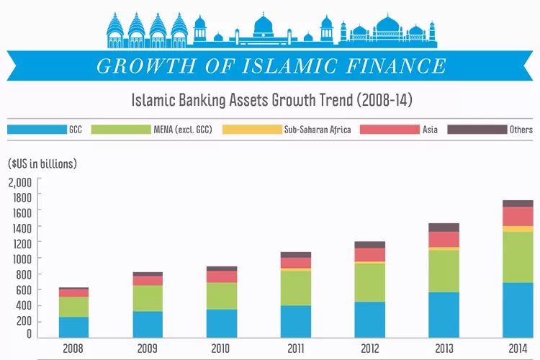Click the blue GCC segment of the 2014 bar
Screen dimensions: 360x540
[517, 310]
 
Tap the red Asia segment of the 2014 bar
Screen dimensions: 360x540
[517, 216]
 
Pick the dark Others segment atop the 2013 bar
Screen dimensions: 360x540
[444, 228]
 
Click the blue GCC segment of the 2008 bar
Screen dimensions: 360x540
[73, 327]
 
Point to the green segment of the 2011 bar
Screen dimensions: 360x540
[296, 287]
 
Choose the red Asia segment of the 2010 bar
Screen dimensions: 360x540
[222, 276]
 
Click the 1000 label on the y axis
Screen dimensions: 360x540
[20, 258]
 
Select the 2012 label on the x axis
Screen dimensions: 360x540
[369, 348]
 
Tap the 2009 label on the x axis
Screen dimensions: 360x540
[148, 348]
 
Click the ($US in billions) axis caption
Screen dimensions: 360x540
[42, 164]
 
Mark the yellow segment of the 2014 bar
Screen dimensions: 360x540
[517, 229]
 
